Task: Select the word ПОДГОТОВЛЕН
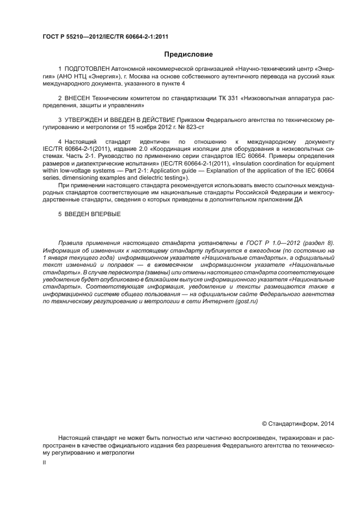[x=87, y=69]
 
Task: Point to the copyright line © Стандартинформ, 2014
[x=298, y=423]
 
